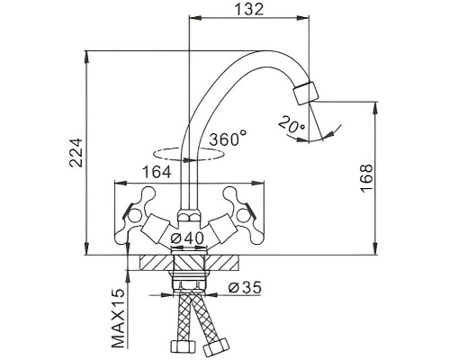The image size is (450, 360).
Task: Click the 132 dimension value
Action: [x=248, y=9]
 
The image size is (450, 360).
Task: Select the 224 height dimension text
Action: [x=76, y=152]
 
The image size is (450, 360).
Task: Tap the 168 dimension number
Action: [x=366, y=178]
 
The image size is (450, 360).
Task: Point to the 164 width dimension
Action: [x=157, y=172]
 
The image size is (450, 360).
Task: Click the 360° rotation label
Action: [x=228, y=139]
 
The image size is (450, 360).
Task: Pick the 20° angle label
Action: [x=292, y=125]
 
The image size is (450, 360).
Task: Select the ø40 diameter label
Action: [x=186, y=238]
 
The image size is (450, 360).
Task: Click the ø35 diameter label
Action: [x=245, y=288]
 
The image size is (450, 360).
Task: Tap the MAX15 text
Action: [x=119, y=319]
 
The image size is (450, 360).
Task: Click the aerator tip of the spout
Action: [x=306, y=93]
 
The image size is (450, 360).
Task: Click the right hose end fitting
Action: [x=215, y=346]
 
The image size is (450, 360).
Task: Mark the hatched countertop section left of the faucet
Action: [x=157, y=263]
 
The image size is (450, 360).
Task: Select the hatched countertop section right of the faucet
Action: [x=221, y=263]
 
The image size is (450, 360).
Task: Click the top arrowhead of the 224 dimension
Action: [x=87, y=57]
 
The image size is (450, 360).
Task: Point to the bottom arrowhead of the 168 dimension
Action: [x=375, y=249]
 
